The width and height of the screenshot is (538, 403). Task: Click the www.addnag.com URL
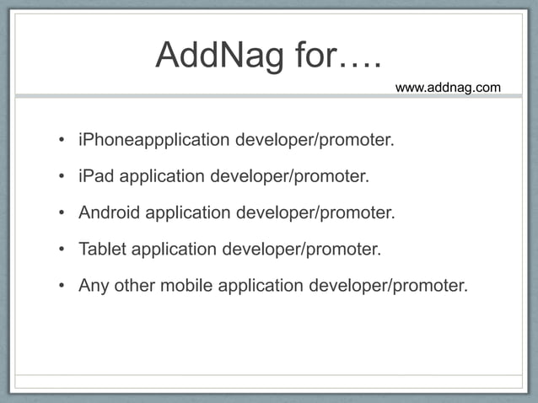pos(448,87)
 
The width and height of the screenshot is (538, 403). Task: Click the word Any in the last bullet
pos(94,285)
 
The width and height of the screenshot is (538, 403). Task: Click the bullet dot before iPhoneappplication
pos(62,140)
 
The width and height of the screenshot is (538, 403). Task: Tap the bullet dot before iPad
pos(62,177)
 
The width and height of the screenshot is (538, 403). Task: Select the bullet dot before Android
pos(62,213)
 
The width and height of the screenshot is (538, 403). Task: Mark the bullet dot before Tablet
pos(62,250)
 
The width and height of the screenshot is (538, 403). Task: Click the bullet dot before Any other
pos(62,286)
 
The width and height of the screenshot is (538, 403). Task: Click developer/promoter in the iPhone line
pos(315,139)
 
